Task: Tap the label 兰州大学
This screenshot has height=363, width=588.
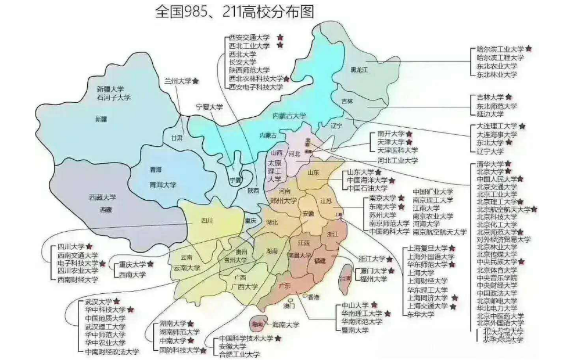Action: (177, 81)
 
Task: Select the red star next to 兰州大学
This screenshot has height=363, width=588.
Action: (196, 81)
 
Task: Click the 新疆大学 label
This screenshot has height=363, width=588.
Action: (110, 89)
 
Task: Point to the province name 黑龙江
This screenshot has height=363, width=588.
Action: (360, 70)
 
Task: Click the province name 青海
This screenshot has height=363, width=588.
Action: (155, 170)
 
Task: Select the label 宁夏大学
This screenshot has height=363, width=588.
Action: (209, 107)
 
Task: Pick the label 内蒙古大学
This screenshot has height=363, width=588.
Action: (289, 116)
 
